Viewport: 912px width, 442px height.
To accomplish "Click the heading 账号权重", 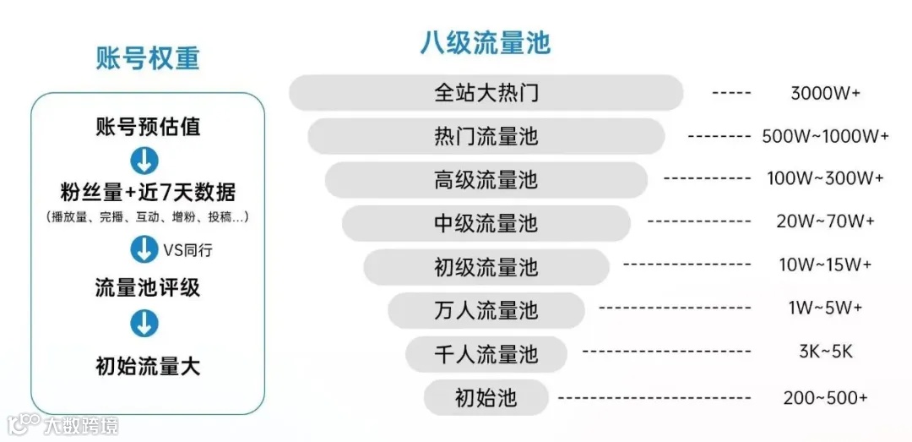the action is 147,57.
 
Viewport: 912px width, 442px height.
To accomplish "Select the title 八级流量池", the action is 485,42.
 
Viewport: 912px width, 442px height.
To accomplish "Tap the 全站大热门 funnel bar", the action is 486,93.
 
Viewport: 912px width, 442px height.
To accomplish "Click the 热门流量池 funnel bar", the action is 486,136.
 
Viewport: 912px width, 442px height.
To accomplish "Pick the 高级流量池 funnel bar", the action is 486,180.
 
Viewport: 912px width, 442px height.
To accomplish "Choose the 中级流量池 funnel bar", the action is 486,223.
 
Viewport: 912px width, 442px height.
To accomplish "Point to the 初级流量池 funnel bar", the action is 486,267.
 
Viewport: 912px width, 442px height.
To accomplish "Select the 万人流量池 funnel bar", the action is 486,310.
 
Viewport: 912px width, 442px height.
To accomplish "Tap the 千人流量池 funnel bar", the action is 486,353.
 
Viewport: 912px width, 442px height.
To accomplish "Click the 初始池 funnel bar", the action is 486,397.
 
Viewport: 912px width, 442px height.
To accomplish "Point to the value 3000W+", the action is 825,93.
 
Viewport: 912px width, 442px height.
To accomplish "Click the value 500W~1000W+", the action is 825,136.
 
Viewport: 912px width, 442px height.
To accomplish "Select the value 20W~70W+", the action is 825,223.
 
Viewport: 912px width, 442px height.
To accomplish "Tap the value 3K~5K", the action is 825,353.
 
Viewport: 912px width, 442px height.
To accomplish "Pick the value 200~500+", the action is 825,397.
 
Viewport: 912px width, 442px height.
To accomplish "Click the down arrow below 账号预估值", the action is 145,161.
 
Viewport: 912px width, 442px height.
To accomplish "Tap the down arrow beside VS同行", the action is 144,249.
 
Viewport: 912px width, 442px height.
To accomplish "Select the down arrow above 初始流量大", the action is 145,323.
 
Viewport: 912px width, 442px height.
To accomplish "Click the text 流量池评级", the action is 147,287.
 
